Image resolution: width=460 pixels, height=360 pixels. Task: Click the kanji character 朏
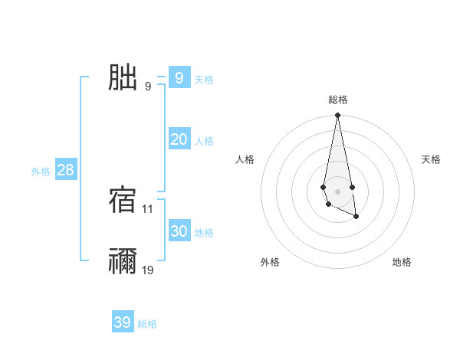coord(123,77)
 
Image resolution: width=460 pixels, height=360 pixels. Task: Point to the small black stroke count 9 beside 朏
coord(148,86)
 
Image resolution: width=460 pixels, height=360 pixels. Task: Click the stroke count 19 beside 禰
coord(148,270)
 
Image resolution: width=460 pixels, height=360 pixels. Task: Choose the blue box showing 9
coord(179,77)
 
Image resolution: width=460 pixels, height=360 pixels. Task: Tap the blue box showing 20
coord(179,139)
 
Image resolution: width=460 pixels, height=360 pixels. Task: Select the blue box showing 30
coord(179,231)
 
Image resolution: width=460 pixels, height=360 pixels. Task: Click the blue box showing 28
coord(65,169)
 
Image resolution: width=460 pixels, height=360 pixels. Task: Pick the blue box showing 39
coord(123,322)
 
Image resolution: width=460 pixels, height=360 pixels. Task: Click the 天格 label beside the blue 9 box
coord(204,80)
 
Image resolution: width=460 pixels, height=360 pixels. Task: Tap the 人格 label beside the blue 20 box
coord(204,141)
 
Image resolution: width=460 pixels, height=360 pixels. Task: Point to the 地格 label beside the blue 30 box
coord(204,233)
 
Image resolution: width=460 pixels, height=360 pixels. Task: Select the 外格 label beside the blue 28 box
coord(41,172)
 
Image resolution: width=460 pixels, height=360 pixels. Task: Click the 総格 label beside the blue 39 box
coord(147,325)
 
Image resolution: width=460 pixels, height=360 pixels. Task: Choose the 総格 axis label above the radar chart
coord(337,100)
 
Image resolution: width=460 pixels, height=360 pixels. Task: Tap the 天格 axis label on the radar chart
coord(432,159)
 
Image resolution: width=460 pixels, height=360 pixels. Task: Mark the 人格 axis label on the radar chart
coord(245,159)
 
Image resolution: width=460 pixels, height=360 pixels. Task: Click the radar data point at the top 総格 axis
coord(337,116)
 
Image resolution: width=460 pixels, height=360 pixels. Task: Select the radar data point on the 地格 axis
coord(356,217)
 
